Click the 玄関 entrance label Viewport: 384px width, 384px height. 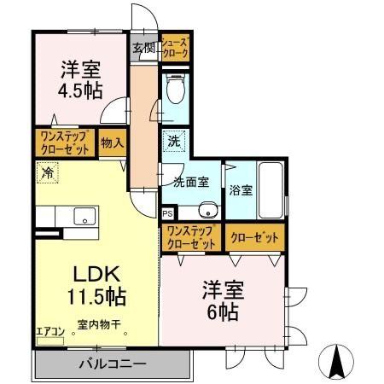(143, 48)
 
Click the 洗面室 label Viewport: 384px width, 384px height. (191, 181)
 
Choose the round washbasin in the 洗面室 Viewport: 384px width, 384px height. (206, 211)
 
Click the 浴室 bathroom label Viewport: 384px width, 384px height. (240, 190)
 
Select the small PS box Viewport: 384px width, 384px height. (167, 213)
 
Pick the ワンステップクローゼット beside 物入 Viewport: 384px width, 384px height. (64, 141)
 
